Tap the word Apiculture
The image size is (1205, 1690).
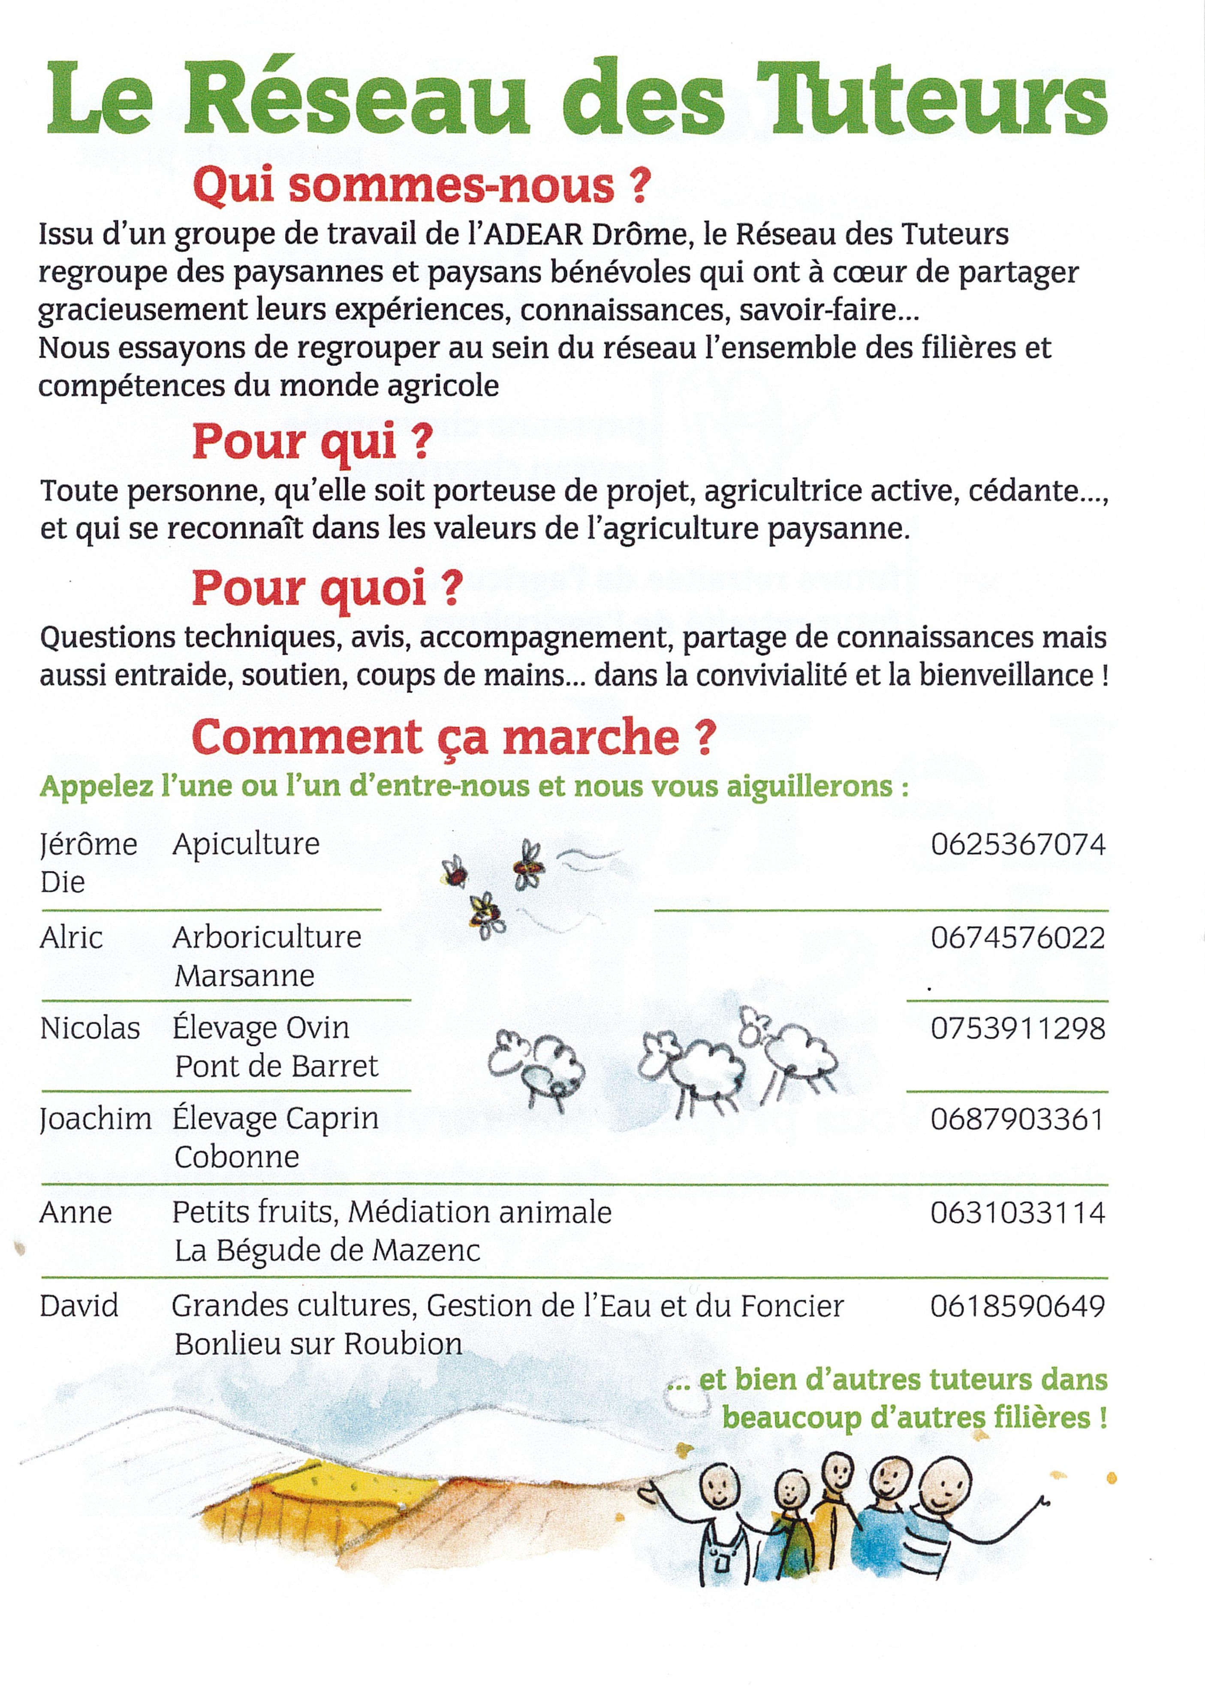tap(246, 844)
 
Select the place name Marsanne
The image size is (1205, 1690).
tap(244, 976)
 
